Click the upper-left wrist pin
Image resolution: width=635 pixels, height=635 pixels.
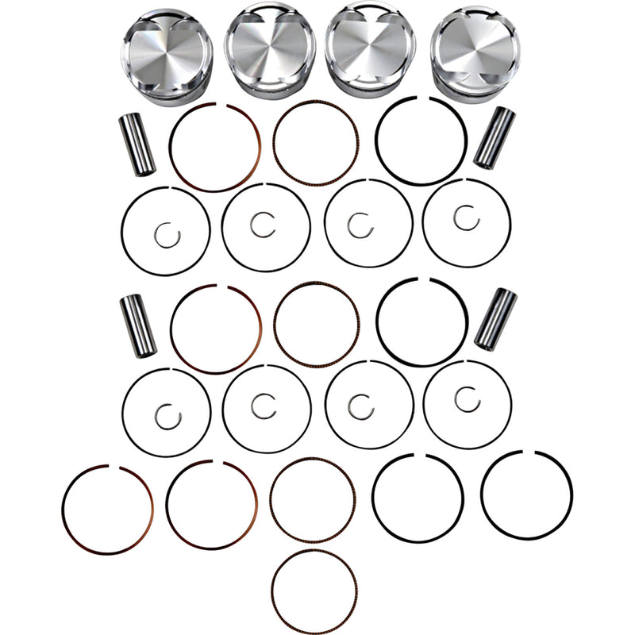point(137,145)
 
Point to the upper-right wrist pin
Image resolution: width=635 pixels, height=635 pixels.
point(494,137)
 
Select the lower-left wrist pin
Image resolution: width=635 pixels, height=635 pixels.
point(137,325)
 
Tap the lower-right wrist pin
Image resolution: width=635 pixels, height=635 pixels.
point(495,318)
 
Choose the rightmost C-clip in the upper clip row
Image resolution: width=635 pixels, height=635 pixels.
point(466,217)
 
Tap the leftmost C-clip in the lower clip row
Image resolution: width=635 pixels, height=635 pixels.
point(167,415)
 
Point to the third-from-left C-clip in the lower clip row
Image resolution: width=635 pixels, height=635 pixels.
point(360,406)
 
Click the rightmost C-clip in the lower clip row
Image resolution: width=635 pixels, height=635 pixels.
point(467,398)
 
